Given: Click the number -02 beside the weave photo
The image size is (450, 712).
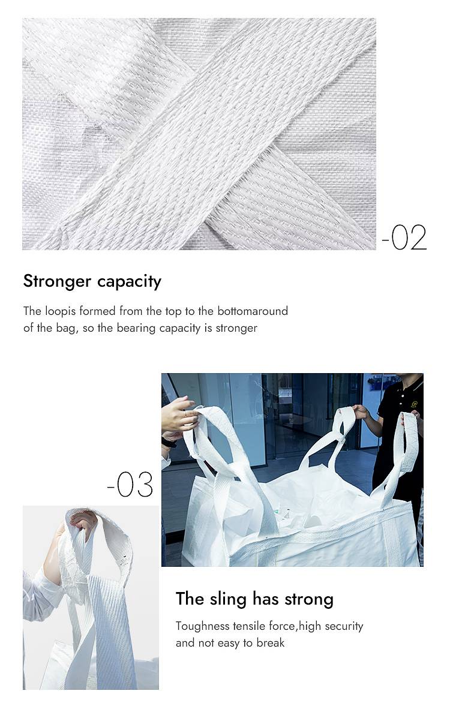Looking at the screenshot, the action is click(404, 238).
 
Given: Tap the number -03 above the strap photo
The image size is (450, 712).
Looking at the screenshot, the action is click(130, 485).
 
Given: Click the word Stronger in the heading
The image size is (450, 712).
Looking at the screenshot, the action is click(57, 281).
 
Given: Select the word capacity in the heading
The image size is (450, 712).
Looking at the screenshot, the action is click(130, 282).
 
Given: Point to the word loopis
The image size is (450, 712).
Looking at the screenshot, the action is click(61, 311).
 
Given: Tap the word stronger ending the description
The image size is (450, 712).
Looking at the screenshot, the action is click(236, 328).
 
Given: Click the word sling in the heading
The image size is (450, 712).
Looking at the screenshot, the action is click(229, 599).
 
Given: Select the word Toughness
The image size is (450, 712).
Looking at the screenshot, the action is click(203, 626).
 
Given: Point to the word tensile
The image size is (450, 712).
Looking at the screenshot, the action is click(249, 626).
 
